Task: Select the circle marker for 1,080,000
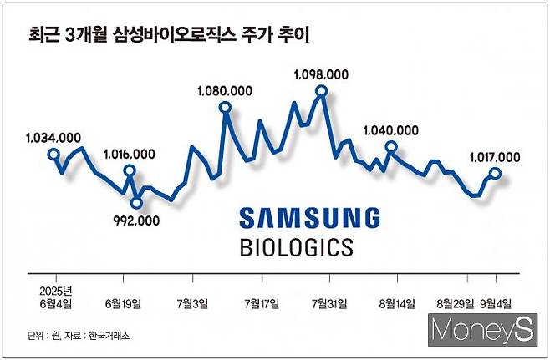click(224, 106)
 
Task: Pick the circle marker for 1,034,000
click(53, 154)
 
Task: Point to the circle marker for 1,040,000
click(390, 147)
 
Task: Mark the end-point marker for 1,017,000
click(495, 173)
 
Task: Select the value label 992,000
click(135, 220)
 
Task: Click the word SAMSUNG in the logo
click(309, 219)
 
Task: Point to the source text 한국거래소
click(111, 335)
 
